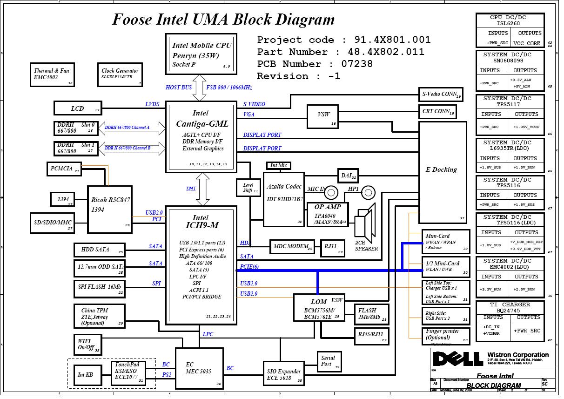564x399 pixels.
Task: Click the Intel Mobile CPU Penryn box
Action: click(201, 54)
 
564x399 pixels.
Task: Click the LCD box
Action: click(77, 108)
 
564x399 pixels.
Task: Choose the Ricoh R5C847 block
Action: click(110, 210)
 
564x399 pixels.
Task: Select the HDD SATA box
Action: click(100, 250)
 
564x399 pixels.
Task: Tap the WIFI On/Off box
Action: click(87, 344)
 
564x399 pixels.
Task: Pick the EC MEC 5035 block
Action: click(199, 368)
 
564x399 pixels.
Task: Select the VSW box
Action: click(322, 115)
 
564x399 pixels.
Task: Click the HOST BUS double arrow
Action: click(200, 91)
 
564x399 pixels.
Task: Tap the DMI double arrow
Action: click(203, 189)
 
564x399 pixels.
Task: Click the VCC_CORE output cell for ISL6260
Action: click(527, 43)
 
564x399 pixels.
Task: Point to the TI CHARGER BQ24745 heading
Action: click(510, 307)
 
